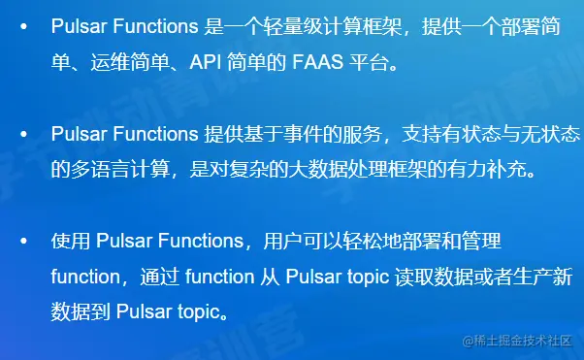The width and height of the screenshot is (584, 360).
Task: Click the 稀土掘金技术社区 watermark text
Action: click(524, 341)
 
